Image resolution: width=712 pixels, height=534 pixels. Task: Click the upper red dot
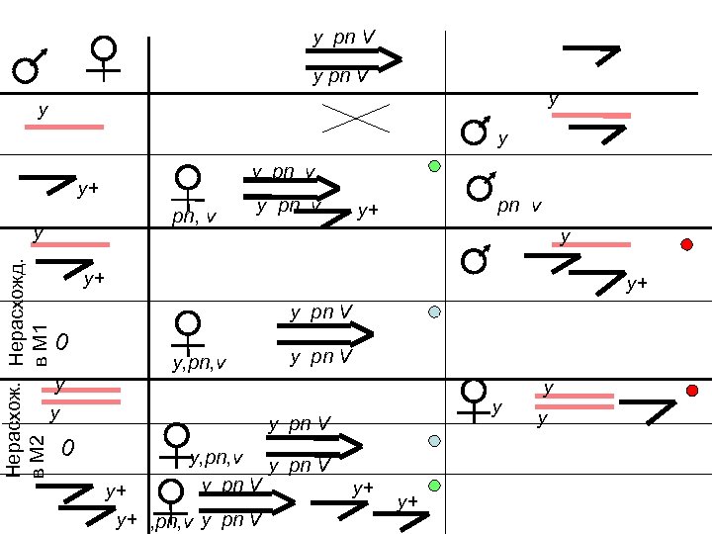pyautogui.click(x=686, y=244)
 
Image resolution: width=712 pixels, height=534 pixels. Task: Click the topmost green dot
pyautogui.click(x=434, y=166)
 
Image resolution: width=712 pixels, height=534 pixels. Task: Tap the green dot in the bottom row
pyautogui.click(x=434, y=485)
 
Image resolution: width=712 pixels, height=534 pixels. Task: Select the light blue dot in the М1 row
pyautogui.click(x=434, y=312)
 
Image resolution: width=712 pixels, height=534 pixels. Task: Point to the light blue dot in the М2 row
pyautogui.click(x=434, y=440)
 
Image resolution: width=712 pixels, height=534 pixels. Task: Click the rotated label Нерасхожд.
pyautogui.click(x=19, y=311)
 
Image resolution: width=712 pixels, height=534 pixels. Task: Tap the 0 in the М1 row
pyautogui.click(x=61, y=344)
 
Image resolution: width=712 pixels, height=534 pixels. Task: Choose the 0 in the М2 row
pyautogui.click(x=67, y=450)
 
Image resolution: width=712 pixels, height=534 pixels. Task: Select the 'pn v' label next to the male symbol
pyautogui.click(x=519, y=207)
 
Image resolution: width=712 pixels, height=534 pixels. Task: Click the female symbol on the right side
pyautogui.click(x=475, y=397)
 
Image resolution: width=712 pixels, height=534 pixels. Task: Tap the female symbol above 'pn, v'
pyautogui.click(x=187, y=185)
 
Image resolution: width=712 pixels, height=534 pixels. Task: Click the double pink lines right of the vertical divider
pyautogui.click(x=575, y=400)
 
